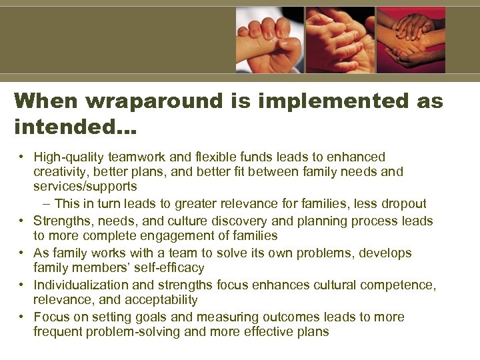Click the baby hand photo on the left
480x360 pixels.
point(269,39)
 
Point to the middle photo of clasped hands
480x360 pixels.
point(340,39)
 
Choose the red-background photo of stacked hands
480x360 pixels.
point(411,39)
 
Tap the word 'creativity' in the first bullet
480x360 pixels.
point(63,172)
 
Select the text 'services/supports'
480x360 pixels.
point(85,187)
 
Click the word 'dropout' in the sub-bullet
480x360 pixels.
point(404,203)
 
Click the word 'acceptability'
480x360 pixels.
point(162,300)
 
